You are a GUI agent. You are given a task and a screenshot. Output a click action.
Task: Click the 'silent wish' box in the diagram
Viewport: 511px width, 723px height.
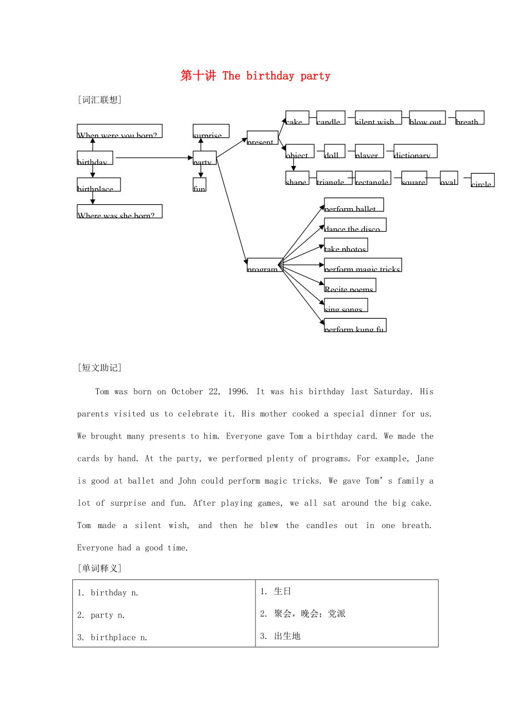coord(378,118)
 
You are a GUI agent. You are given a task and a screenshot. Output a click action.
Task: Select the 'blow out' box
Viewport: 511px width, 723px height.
coord(427,118)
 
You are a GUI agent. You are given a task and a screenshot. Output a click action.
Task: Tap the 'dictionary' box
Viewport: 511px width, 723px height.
coord(415,151)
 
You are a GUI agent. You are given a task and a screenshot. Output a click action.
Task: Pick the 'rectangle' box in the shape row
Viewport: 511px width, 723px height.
coord(373,178)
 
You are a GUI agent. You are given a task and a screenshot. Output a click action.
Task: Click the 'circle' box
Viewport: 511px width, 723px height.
coord(482,180)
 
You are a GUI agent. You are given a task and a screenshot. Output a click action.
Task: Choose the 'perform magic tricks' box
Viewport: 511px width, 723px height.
coord(363,265)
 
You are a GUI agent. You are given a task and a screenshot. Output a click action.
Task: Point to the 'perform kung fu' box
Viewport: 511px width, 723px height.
coord(355,325)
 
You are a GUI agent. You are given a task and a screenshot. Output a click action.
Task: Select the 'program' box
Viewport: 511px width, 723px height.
coord(263,265)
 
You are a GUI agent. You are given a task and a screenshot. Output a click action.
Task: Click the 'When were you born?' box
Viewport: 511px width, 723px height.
coord(119,131)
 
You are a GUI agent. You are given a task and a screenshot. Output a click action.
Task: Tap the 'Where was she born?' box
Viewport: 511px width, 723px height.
coord(119,211)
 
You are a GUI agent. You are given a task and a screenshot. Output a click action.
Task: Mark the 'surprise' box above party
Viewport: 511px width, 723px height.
coord(211,131)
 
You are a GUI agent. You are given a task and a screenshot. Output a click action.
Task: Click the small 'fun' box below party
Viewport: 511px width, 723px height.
coord(199,184)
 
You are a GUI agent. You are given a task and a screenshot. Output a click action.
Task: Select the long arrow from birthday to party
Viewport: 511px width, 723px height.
coord(153,158)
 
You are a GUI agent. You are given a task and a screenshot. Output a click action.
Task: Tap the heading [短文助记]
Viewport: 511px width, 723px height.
coord(100,368)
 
